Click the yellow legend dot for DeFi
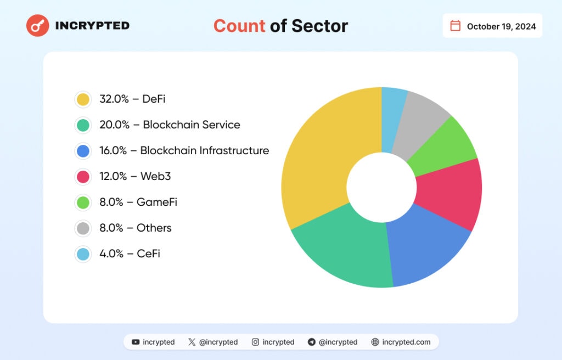coord(83,99)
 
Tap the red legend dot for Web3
coord(83,177)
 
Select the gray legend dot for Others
coord(83,228)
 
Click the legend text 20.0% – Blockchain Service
coord(170,125)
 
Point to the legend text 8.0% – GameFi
coord(138,203)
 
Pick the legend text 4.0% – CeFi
coord(130,254)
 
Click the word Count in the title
coord(239,26)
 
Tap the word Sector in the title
coord(319,26)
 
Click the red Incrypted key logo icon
coord(38,25)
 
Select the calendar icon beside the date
coord(455,26)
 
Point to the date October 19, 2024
coord(501,26)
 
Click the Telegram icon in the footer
coord(312,342)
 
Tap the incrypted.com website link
coord(406,342)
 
